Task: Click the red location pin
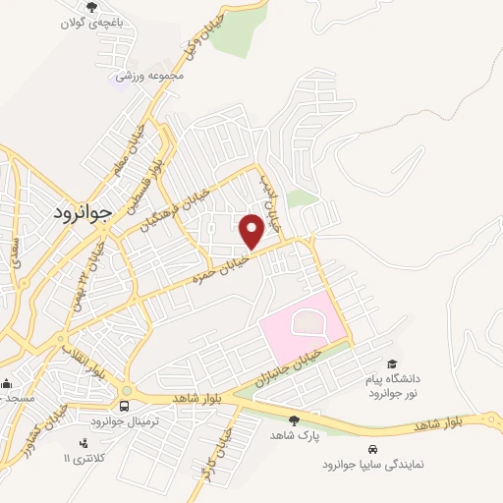(251, 230)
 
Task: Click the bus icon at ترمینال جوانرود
(125, 406)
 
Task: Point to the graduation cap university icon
(393, 364)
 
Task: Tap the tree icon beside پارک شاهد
(294, 420)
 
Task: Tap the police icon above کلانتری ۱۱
(83, 443)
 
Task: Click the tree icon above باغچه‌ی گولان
(91, 8)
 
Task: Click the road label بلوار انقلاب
(87, 358)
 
